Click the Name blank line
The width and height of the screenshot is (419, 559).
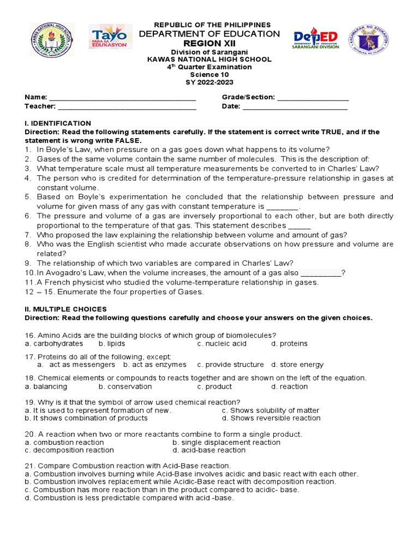click(x=123, y=98)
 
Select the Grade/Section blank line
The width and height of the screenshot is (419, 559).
click(x=313, y=98)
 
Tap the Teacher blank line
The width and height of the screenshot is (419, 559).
click(x=127, y=108)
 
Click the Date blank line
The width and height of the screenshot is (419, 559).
click(x=295, y=108)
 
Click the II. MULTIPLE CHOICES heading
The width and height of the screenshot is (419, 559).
click(x=65, y=310)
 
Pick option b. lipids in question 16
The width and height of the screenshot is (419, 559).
click(x=112, y=344)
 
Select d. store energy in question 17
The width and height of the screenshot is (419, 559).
click(x=297, y=365)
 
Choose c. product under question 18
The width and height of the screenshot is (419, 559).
click(x=214, y=386)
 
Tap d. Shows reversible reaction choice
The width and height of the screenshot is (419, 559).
click(x=271, y=418)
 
